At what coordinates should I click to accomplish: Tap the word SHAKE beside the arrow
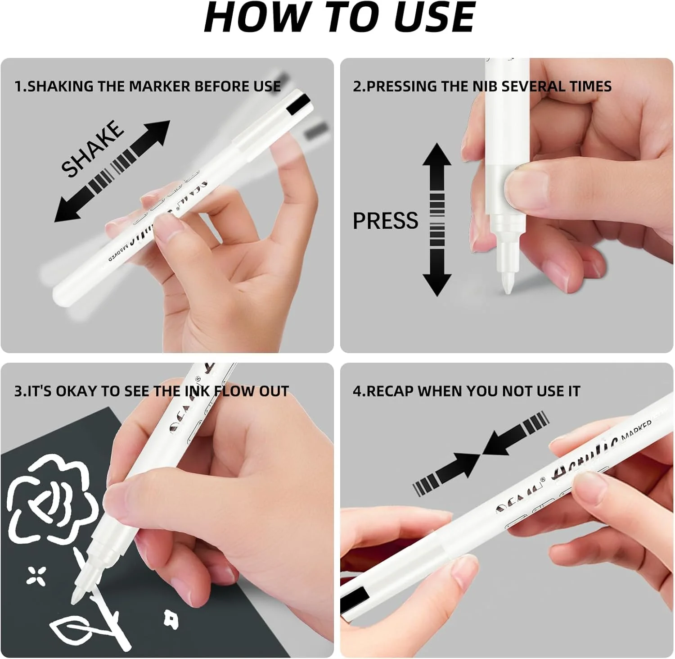point(93,148)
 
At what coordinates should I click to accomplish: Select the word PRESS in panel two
point(385,221)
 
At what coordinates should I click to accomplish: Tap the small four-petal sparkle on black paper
point(36,576)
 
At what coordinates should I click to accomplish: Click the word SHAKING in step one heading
point(61,86)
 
